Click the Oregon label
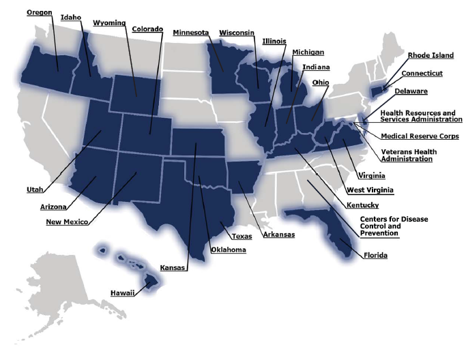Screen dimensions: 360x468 pyautogui.click(x=39, y=12)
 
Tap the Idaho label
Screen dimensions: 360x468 pyautogui.click(x=70, y=17)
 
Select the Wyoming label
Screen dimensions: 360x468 pyautogui.click(x=109, y=22)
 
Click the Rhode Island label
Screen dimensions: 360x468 pyautogui.click(x=430, y=56)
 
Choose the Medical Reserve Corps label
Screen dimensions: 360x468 pyautogui.click(x=420, y=136)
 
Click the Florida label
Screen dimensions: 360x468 pyautogui.click(x=375, y=256)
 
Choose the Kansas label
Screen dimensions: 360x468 pyautogui.click(x=173, y=268)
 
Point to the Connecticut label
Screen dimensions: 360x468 pyautogui.click(x=422, y=73)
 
